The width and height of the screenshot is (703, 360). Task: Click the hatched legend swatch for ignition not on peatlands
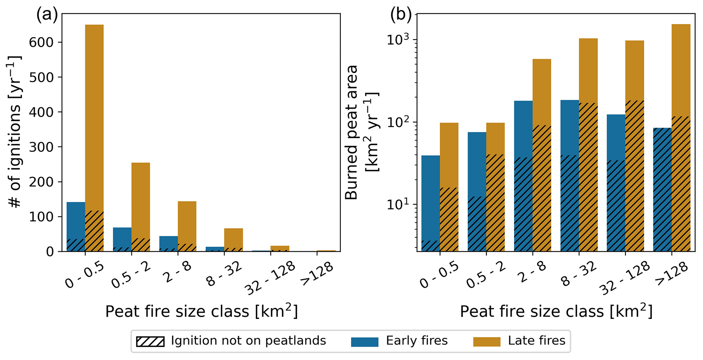point(150,341)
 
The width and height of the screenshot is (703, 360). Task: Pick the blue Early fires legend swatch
point(365,341)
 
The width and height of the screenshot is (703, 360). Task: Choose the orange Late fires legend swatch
point(487,341)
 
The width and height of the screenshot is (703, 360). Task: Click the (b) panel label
point(401,15)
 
